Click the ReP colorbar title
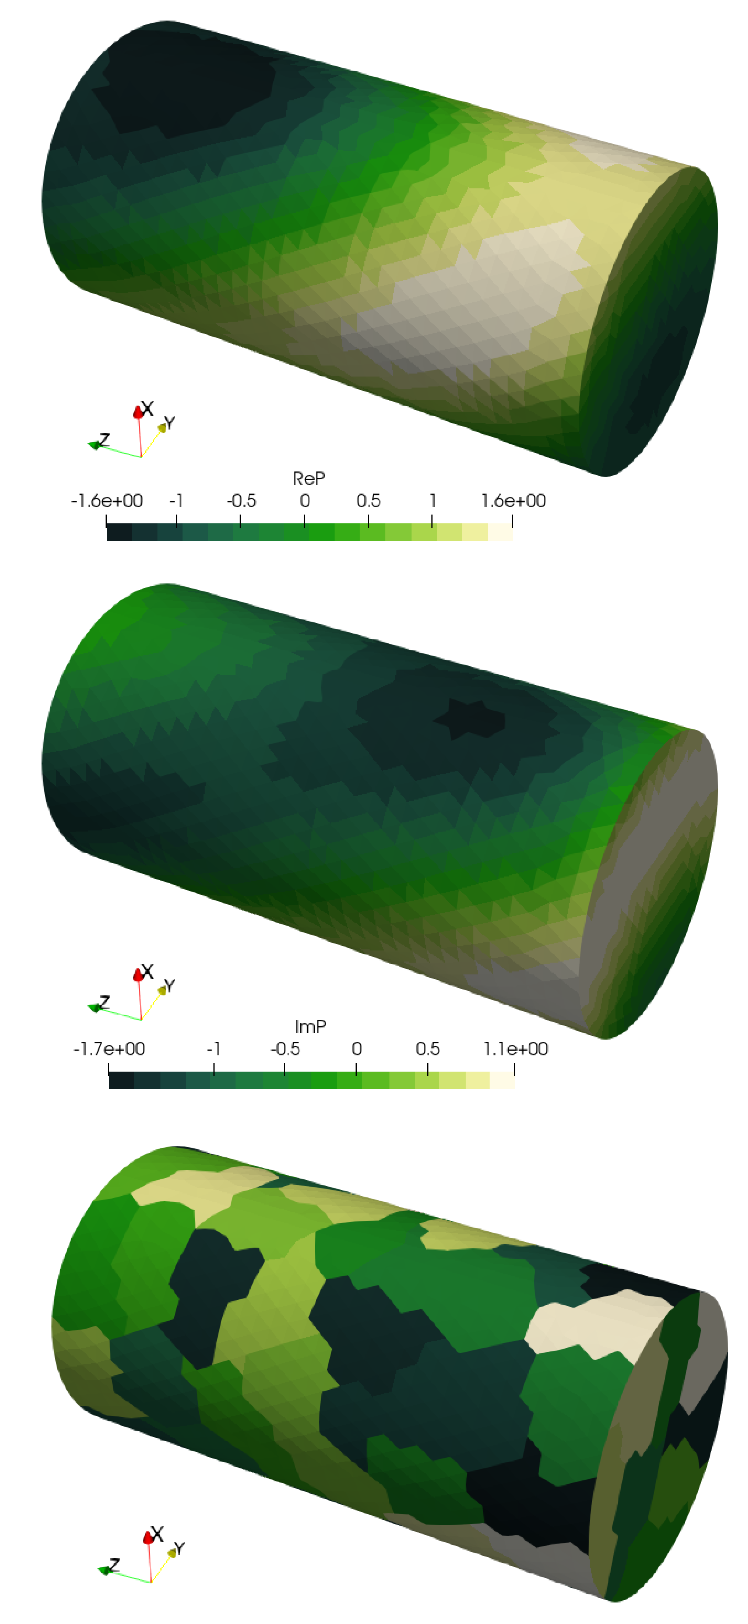pyautogui.click(x=309, y=478)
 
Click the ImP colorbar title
pyautogui.click(x=310, y=1027)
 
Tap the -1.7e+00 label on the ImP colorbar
pyautogui.click(x=109, y=1049)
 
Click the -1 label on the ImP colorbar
pyautogui.click(x=214, y=1049)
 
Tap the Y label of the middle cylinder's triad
pyautogui.click(x=169, y=985)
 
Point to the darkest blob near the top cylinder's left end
pyautogui.click(x=189, y=94)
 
